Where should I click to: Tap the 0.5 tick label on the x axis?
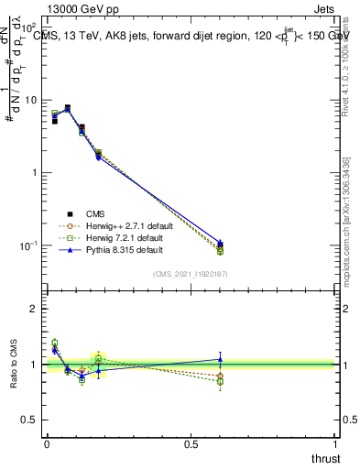191,445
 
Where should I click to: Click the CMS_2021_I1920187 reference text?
191,274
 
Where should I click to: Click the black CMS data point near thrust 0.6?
220,245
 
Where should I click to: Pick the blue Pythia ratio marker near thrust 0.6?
220,359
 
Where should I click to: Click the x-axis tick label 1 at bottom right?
335,445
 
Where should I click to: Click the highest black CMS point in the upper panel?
68,108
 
